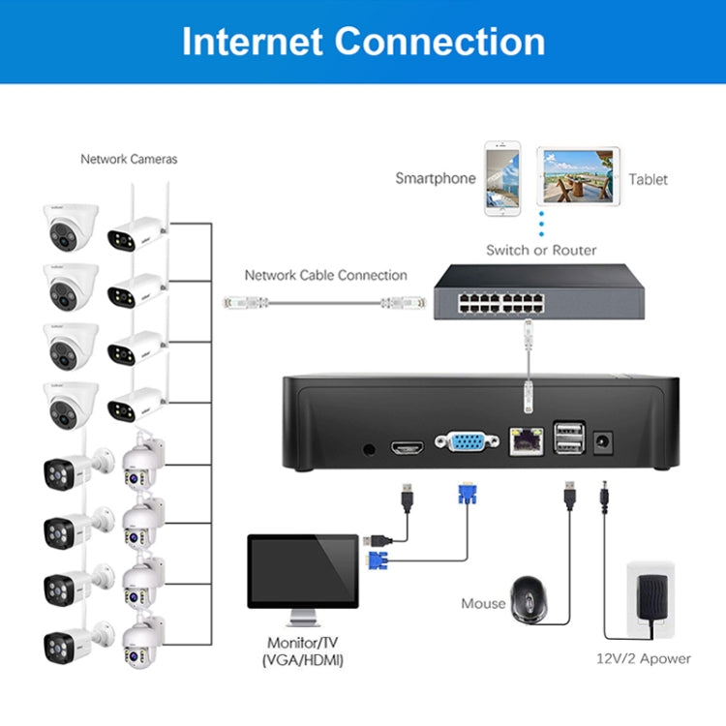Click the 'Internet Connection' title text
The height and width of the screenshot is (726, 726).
pyautogui.click(x=363, y=42)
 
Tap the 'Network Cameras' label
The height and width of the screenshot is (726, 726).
pyautogui.click(x=129, y=159)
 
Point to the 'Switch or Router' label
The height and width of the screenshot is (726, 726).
pyautogui.click(x=541, y=250)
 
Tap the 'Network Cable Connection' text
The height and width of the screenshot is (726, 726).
pyautogui.click(x=325, y=276)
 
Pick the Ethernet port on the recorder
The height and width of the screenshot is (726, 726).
pyautogui.click(x=526, y=444)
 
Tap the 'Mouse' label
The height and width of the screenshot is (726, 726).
pyautogui.click(x=483, y=604)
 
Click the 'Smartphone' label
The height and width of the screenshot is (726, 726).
pyautogui.click(x=435, y=178)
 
